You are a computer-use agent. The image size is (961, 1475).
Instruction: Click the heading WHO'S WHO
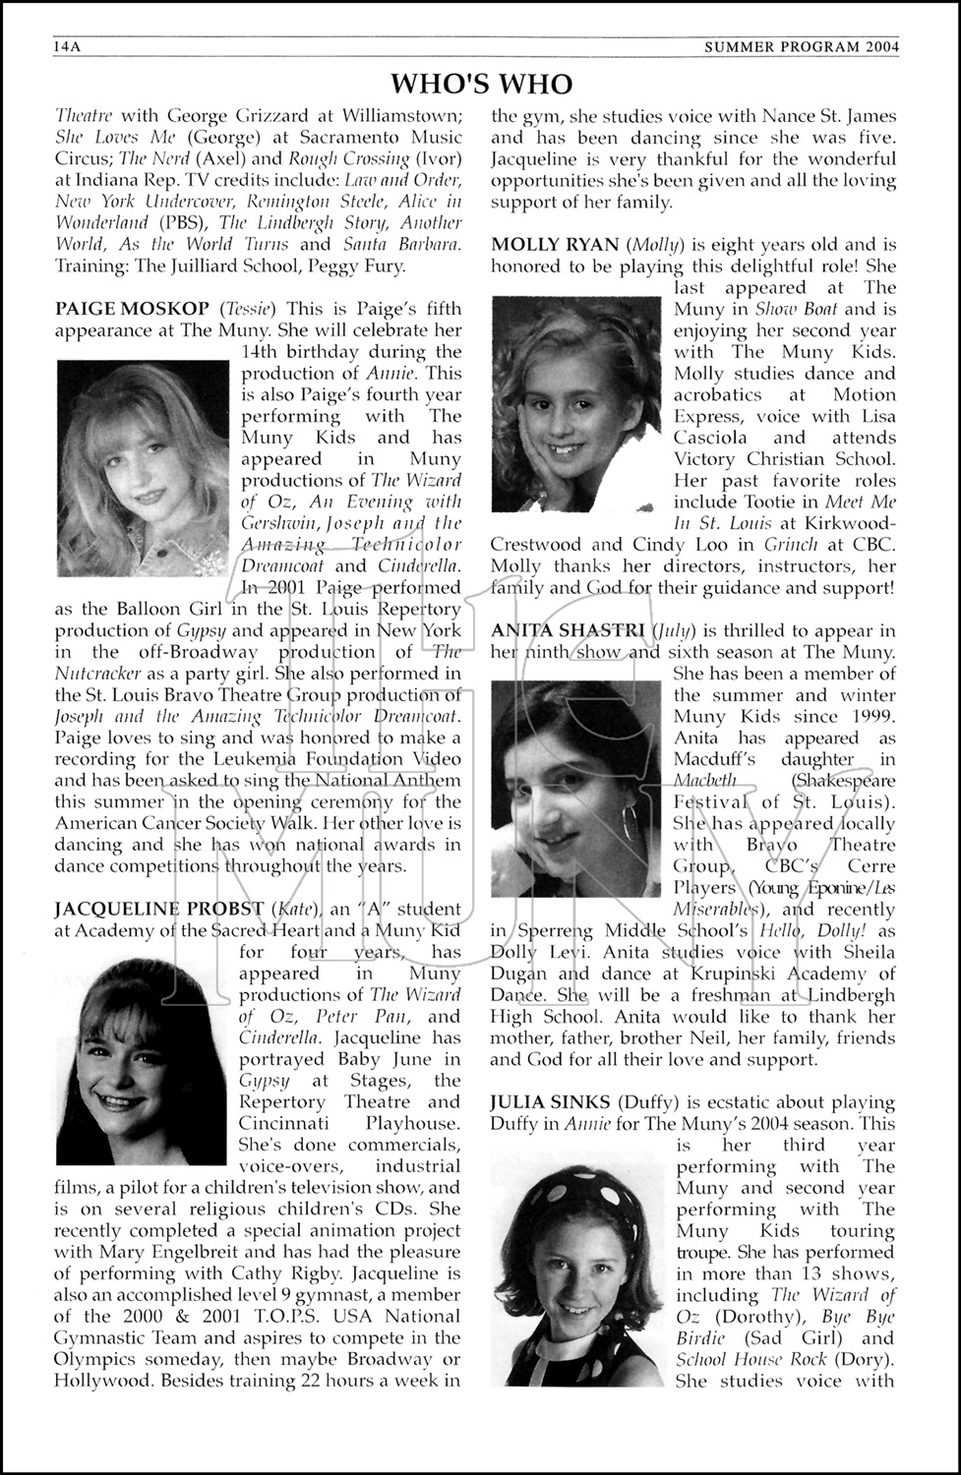coord(481,83)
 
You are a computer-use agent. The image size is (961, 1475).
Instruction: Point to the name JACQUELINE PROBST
coord(158,909)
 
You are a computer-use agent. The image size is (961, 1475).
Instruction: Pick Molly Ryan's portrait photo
coord(575,404)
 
